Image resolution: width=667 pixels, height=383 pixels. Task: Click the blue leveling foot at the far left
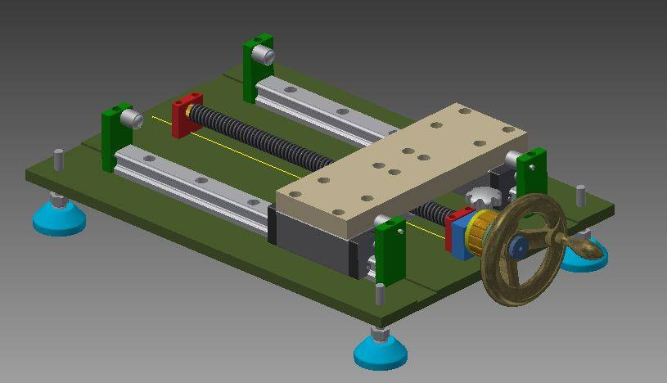tap(59, 219)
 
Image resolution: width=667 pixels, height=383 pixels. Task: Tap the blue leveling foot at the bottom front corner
tap(381, 353)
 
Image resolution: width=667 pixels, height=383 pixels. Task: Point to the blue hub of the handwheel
tap(517, 246)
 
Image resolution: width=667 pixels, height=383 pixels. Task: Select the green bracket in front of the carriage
tap(390, 250)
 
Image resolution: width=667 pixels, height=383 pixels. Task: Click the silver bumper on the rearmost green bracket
tap(264, 55)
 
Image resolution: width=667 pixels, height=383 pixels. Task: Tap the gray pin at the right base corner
tap(580, 196)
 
